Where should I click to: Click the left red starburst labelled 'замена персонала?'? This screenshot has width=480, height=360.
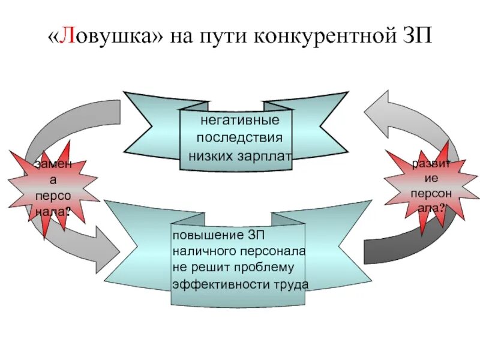(x=53, y=187)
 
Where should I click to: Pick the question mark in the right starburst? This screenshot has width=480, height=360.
(x=442, y=209)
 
